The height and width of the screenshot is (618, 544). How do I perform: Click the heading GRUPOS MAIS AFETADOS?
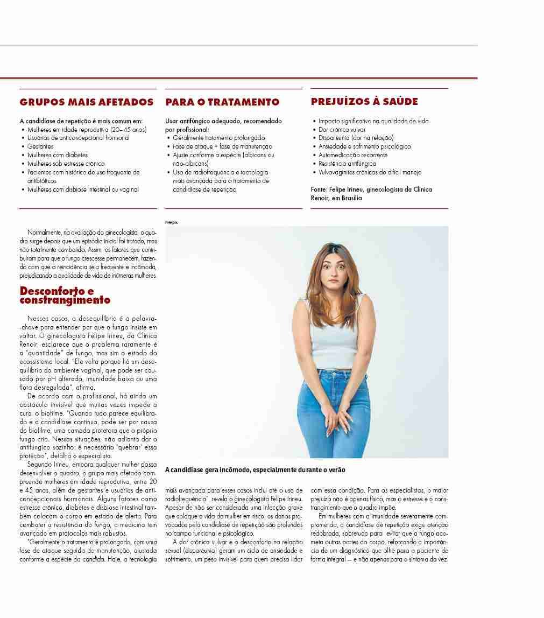[86, 102]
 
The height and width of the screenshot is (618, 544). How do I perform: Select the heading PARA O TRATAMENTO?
[222, 102]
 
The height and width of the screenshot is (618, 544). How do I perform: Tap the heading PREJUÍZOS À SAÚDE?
[364, 101]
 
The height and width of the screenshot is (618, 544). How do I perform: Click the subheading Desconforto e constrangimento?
[65, 296]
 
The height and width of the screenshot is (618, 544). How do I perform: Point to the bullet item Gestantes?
[40, 146]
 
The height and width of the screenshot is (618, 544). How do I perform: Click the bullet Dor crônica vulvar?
[342, 130]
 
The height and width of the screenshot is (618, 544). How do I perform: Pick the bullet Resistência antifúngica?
[347, 164]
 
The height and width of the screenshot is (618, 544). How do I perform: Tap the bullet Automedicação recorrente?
[352, 155]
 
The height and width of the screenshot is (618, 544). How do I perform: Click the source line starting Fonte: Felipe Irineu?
[371, 193]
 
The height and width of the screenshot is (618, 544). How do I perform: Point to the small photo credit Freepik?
[171, 222]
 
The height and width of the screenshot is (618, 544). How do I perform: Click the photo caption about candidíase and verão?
[255, 470]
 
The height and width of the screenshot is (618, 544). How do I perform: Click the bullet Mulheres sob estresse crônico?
[66, 164]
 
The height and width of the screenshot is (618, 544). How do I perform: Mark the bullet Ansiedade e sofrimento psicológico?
[364, 146]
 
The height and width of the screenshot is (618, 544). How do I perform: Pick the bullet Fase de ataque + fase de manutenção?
[222, 146]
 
